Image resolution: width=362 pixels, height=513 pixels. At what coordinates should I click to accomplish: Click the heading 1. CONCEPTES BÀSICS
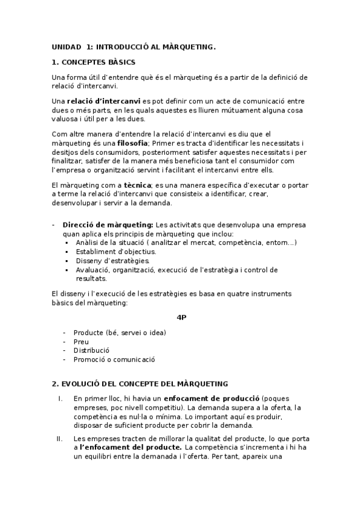tap(94, 62)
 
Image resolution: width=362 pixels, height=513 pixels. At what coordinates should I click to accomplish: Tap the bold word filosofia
tap(133, 142)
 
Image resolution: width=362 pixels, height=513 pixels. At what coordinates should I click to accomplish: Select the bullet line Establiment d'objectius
tap(116, 251)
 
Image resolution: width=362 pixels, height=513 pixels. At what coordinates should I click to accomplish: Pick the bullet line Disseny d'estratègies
tap(112, 261)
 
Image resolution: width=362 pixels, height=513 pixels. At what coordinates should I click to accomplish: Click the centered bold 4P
tap(181, 316)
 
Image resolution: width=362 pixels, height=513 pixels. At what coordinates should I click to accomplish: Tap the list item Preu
tap(81, 341)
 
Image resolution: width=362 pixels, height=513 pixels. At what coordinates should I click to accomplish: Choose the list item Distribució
tap(91, 350)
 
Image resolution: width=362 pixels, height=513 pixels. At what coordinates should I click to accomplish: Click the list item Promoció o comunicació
tap(114, 359)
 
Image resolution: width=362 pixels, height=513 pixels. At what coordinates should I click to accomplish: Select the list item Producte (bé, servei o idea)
tap(120, 332)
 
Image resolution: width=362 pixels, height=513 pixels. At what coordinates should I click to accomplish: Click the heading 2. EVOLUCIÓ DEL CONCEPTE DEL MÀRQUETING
tap(140, 384)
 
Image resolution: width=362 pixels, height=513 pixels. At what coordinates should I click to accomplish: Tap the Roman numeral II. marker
tap(59, 438)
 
